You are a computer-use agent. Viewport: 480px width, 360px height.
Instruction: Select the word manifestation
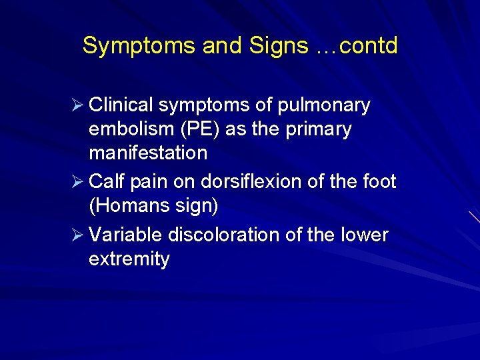click(x=148, y=153)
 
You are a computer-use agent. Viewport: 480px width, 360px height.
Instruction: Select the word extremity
click(x=129, y=259)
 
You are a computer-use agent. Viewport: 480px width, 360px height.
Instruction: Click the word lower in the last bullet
click(x=365, y=235)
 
